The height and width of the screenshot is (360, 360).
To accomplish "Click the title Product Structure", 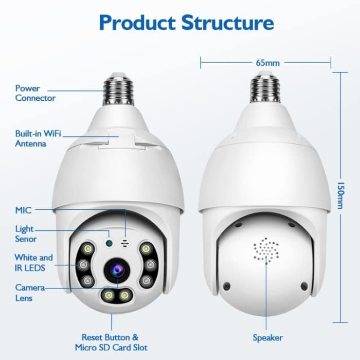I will point(186,23).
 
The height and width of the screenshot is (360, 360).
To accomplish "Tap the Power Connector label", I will point(35,93).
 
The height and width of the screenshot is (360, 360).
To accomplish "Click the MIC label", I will point(23,210).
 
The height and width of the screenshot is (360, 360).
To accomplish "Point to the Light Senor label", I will point(26,233).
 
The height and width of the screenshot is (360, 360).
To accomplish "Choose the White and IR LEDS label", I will point(33,262).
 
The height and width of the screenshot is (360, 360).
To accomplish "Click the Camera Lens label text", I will point(29,293).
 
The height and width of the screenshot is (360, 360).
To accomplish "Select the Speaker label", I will point(267,338).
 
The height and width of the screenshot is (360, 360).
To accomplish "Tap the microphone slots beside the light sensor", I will point(124,242).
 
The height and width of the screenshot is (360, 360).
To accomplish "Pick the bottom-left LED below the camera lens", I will point(109,295).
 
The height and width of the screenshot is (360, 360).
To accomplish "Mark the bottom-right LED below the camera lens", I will point(124,295).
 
